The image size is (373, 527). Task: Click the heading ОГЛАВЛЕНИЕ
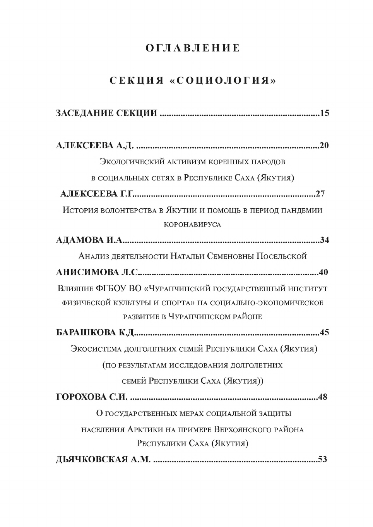tap(193, 48)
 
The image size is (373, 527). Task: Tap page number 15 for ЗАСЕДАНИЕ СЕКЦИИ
tap(324, 113)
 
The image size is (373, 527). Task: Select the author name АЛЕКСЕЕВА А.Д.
tap(95, 146)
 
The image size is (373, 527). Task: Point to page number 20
tap(324, 146)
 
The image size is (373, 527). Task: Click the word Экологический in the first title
tap(127, 161)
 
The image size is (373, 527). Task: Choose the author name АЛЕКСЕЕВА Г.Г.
tap(97, 194)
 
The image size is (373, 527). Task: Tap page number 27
tap(320, 194)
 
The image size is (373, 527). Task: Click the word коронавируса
tap(192, 225)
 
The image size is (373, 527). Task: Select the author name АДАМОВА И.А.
tap(89, 240)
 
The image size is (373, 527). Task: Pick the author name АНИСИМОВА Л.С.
tap(97, 272)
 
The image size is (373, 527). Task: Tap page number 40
tap(323, 272)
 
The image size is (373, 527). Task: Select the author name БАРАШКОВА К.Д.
tap(95, 333)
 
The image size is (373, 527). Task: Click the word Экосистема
tap(97, 349)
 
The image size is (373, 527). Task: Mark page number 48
tap(322, 397)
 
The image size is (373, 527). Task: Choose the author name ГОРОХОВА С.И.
tap(92, 397)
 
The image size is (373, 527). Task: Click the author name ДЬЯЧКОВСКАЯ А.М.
tap(103, 460)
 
